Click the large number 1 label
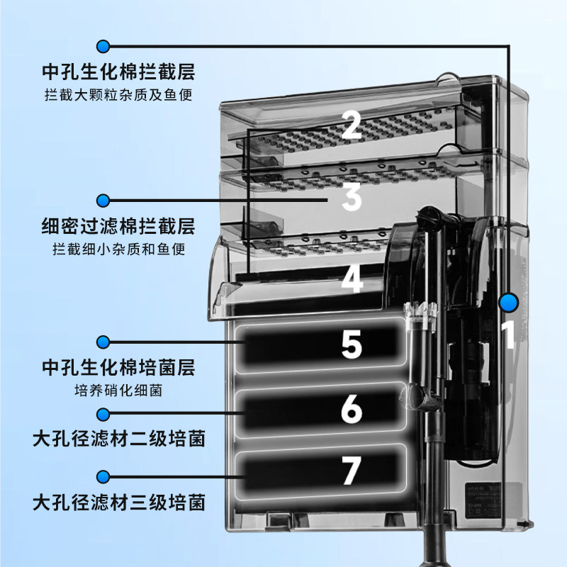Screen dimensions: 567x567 507,335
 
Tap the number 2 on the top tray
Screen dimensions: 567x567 352,126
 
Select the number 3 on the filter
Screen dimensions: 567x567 352,197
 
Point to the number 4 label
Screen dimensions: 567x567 352,279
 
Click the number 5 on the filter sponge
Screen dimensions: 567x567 352,344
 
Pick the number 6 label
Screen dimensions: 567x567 352,409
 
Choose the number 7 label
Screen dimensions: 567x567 352,471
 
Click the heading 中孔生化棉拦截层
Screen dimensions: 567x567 118,73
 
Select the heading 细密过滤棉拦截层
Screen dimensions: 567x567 118,228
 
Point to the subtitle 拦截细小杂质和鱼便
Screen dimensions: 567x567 118,249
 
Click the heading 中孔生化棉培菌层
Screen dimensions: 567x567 118,369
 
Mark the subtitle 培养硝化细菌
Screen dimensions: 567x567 118,390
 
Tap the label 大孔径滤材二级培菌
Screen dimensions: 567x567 118,439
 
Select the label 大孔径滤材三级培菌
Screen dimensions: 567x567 118,503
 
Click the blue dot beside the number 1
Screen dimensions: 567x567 507,303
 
